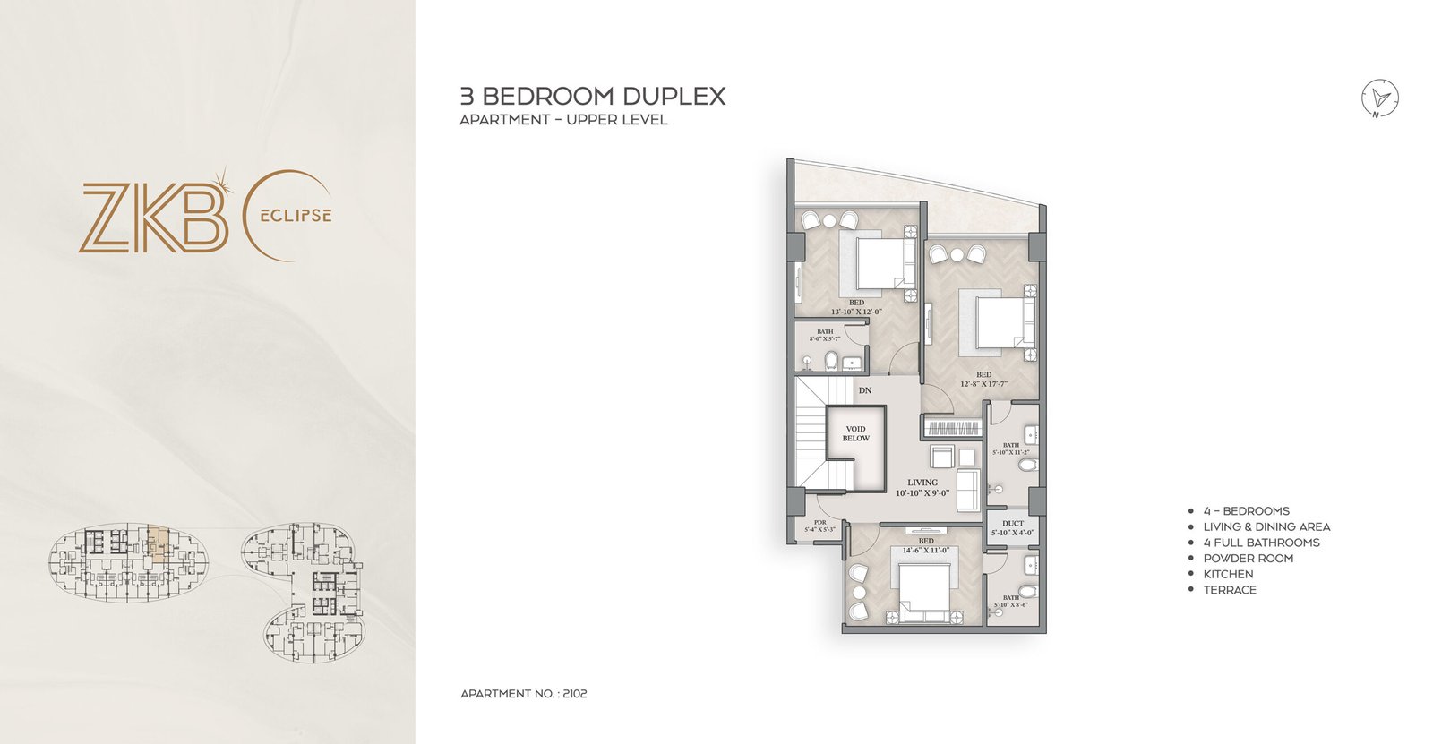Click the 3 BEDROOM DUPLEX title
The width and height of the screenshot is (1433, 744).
coord(592,97)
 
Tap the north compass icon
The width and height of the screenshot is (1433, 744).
coord(1380,98)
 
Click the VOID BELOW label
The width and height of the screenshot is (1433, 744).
coord(855,433)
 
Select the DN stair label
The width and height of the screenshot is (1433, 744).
coord(864,390)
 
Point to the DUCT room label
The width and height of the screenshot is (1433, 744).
coord(1013,524)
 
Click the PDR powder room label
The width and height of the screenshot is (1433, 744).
coord(819,522)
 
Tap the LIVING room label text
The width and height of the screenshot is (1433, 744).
coord(922,483)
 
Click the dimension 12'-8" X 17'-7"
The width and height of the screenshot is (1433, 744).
coord(983,384)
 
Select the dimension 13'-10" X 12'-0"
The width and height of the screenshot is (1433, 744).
coord(856,312)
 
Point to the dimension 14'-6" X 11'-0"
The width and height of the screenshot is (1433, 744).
coord(926,550)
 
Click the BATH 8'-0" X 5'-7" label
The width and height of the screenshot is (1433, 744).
coord(825,336)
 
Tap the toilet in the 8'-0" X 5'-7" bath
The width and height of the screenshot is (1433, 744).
coord(829,361)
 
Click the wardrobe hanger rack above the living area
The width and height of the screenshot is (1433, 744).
coord(952,428)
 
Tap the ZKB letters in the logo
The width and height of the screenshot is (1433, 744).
coord(152,218)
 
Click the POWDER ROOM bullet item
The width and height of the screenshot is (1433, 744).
coord(1248,558)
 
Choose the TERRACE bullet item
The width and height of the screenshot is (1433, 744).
coord(1229,590)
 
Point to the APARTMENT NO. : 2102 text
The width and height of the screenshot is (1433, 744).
coord(523,694)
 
